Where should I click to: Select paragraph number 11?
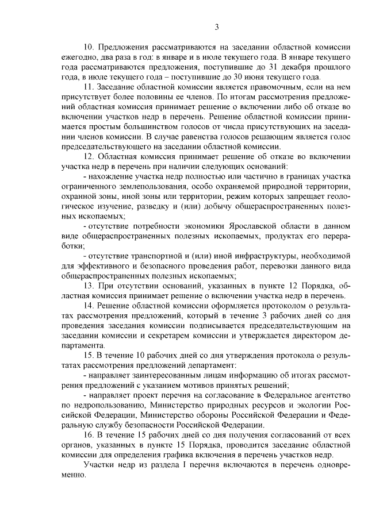(88, 86)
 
